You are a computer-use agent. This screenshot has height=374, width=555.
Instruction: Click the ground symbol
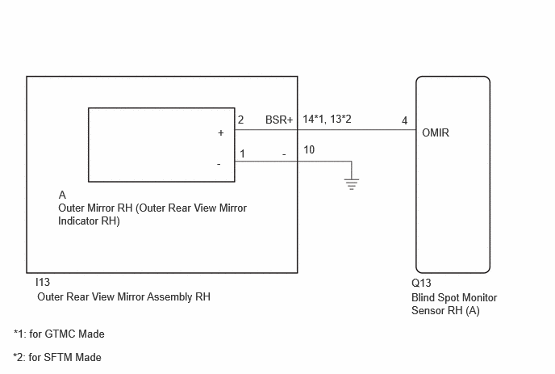[x=352, y=184]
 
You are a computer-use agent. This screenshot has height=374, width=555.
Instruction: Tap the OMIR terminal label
[x=436, y=133]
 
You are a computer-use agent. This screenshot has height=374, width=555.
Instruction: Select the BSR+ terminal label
[x=279, y=120]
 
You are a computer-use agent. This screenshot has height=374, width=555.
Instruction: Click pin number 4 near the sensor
[x=405, y=121]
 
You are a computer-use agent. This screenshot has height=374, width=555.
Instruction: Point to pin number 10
[x=309, y=149]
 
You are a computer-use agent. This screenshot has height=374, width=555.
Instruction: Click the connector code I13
[x=43, y=282]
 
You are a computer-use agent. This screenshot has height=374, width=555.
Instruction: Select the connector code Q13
[x=421, y=283]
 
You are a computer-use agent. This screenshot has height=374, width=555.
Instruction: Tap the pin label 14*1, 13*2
[x=327, y=119]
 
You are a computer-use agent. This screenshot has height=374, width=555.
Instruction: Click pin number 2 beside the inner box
[x=240, y=120]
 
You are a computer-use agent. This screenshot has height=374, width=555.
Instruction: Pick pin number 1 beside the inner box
[x=242, y=153]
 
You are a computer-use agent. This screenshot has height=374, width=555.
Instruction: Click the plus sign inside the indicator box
[x=221, y=133]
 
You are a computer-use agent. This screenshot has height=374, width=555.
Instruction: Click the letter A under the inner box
[x=62, y=195]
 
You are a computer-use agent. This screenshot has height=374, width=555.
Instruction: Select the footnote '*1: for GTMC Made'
[x=59, y=334]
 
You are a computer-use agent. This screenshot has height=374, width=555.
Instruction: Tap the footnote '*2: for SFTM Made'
[x=57, y=357]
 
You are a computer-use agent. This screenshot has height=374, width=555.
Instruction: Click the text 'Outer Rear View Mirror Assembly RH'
[x=124, y=296]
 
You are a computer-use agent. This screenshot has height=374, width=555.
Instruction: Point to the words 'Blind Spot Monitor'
[x=454, y=297]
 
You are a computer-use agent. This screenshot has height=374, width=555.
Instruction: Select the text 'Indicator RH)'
[x=89, y=221]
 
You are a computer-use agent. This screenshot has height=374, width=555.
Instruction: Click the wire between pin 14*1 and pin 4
[x=357, y=130]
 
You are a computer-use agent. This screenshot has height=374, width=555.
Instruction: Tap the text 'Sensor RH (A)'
[x=445, y=311]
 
